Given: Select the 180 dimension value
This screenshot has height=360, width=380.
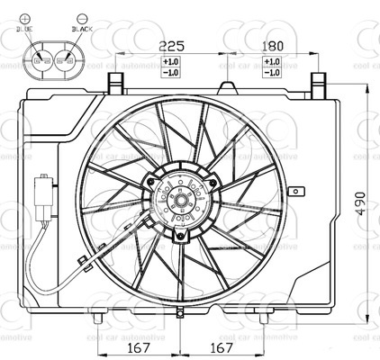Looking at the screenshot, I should pos(271,46).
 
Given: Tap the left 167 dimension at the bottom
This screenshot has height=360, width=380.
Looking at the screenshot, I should pos(137,347).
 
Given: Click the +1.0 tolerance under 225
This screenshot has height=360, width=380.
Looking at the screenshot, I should pos(170,61).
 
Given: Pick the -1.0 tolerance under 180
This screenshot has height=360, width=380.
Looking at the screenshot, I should pos(271,72).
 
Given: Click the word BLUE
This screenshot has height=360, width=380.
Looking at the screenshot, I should pos(24,30).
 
